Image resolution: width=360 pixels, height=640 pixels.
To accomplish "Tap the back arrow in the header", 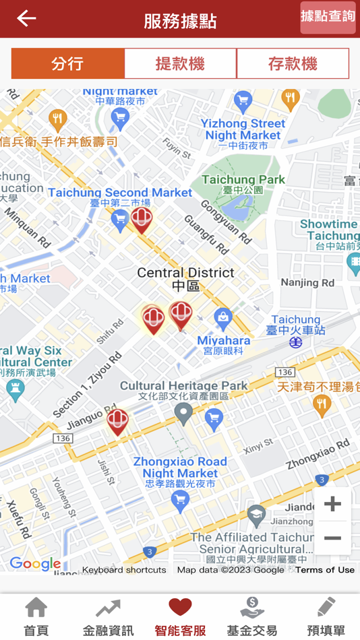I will [26, 18].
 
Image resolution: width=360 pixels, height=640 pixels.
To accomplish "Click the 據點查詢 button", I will [328, 17].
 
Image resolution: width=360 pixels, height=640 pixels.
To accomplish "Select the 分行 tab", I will [67, 64].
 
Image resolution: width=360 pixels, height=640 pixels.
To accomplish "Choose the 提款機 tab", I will [180, 64].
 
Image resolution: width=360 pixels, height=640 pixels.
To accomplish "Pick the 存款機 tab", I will [293, 64].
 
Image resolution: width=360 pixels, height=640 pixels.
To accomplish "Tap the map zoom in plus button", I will [332, 504].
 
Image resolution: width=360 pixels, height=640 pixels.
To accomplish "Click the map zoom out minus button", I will [332, 538].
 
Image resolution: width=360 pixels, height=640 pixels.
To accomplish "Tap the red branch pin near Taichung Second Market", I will [142, 219].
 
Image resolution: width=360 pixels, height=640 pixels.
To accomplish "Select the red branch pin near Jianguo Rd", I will [117, 422].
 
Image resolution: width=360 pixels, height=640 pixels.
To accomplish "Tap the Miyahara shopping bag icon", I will [223, 317].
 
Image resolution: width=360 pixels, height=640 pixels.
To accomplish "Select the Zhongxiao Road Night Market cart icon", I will [179, 499].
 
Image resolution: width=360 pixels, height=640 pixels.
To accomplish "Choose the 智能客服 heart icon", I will [180, 608].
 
